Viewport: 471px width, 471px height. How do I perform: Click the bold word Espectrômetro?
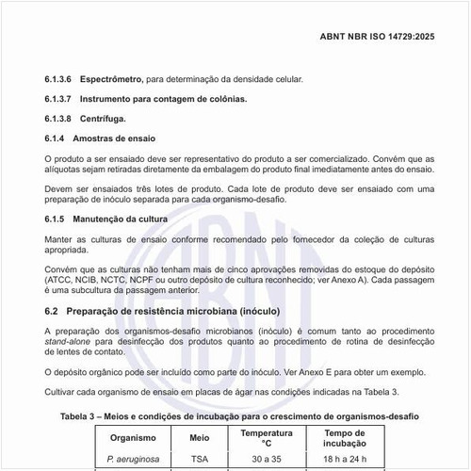tap(117, 80)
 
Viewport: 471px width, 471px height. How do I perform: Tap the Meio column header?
tap(200, 438)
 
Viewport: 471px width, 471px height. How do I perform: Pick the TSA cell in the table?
tap(200, 461)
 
